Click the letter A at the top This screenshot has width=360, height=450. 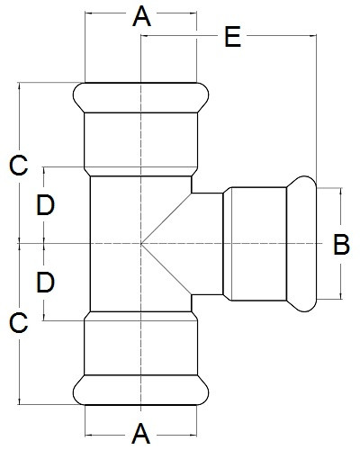pos(141,17)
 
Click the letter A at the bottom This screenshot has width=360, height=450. pos(140,434)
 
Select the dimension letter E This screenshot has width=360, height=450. pos(233,37)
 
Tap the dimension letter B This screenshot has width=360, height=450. pos(341,244)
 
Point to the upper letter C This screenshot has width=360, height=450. pos(19,166)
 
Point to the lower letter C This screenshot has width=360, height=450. pos(19,322)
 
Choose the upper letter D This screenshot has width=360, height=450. pos(45,205)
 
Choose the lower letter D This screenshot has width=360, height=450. pos(45,282)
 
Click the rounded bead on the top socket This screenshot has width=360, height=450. pos(140,97)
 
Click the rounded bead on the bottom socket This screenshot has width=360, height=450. pos(140,390)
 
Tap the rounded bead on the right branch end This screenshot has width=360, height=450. pos(301,244)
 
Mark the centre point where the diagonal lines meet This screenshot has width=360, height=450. pos(141,244)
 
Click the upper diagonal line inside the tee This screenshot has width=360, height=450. pos(166,219)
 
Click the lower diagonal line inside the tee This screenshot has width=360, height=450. pos(166,269)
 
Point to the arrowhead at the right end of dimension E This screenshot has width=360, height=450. pos(313,36)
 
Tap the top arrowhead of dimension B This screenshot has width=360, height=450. pos(341,192)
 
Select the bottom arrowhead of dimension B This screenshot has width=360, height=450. pos(341,296)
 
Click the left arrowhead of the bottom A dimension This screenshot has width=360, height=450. pos(88,435)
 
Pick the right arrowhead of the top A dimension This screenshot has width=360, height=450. pos(193,13)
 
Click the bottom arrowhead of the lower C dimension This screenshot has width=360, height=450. pos(20,401)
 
